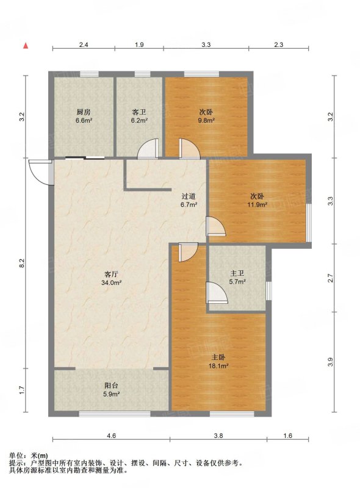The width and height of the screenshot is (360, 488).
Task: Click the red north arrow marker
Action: (x=26, y=46)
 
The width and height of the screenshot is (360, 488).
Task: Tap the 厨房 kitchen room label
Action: (x=84, y=112)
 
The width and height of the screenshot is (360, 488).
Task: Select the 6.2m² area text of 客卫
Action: (x=139, y=120)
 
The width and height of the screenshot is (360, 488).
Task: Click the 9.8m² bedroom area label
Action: (x=206, y=120)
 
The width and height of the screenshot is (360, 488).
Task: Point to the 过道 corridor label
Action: (x=189, y=196)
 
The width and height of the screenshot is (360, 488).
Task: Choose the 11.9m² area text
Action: (x=257, y=204)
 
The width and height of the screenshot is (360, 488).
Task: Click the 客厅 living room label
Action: (x=111, y=274)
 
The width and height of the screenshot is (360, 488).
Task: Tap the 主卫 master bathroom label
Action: (x=237, y=273)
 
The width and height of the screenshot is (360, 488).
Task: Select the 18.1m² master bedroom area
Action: (x=218, y=365)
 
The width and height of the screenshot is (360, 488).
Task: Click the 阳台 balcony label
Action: (x=111, y=386)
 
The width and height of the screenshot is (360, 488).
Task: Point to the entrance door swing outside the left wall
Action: (x=40, y=173)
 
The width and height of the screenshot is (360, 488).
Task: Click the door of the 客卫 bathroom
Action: (x=148, y=149)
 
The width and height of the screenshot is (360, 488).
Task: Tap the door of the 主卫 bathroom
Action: (x=217, y=293)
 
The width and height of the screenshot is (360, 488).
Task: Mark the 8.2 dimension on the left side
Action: (x=21, y=263)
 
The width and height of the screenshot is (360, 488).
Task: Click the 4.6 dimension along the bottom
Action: (x=111, y=436)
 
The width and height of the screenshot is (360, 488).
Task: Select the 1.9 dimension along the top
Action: (x=139, y=45)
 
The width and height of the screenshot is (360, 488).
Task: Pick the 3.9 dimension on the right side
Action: (x=331, y=362)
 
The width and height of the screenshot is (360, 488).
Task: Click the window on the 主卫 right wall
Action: (x=268, y=291)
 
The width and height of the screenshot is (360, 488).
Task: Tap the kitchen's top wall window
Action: (x=89, y=74)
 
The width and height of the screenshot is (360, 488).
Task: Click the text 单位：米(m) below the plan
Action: (x=29, y=456)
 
